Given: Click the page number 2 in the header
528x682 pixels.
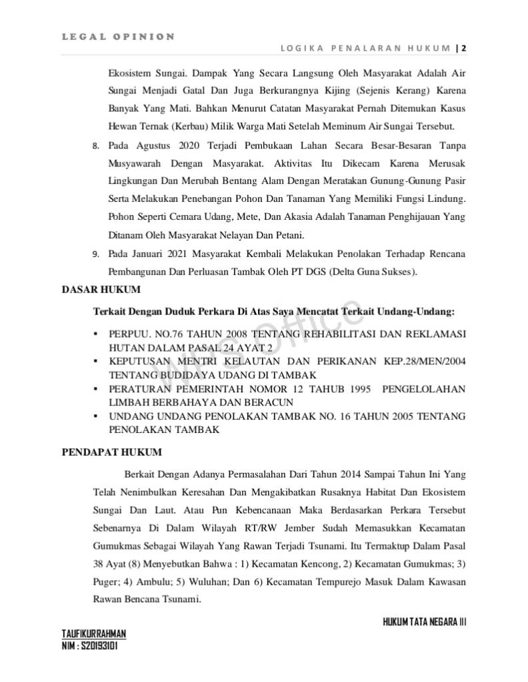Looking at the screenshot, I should click(463, 48).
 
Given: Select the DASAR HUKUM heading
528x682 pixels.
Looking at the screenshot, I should click(101, 289).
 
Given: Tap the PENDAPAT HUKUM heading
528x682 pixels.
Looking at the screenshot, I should click(111, 452).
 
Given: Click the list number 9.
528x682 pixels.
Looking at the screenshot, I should click(95, 254).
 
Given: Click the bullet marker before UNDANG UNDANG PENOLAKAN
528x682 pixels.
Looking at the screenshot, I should click(96, 416).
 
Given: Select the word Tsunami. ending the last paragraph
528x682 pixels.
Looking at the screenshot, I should click(179, 599).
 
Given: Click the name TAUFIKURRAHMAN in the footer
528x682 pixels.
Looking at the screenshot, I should click(93, 633).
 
